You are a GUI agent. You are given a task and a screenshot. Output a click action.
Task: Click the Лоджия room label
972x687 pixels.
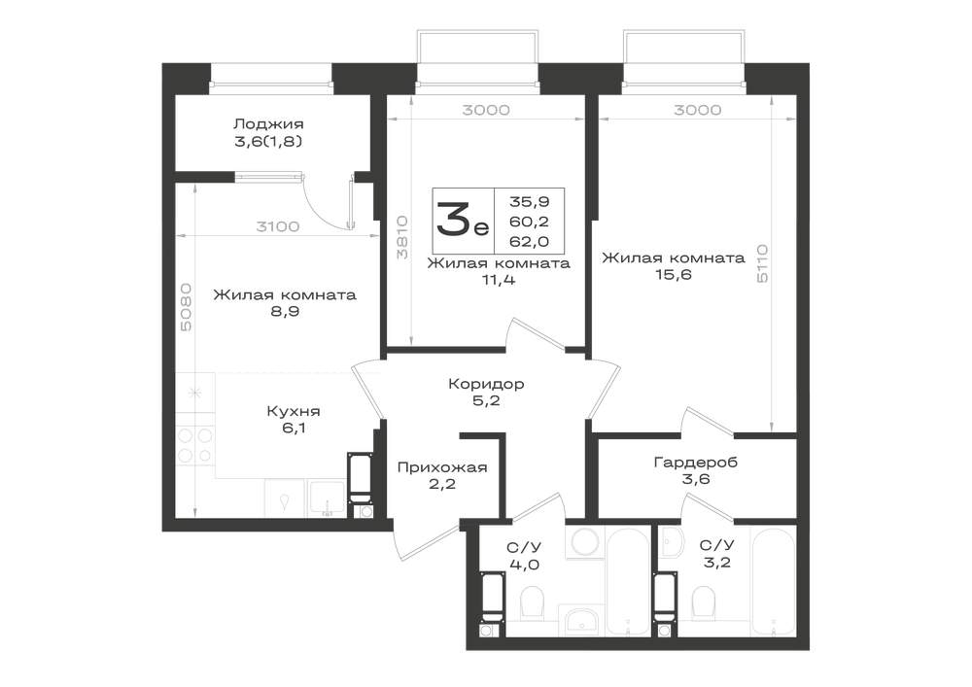point(268,124)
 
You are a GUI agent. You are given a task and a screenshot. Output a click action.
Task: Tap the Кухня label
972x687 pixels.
point(294,411)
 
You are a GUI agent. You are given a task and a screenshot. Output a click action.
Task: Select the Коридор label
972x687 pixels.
point(486,384)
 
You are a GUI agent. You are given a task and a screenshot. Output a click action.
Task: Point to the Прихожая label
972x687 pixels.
point(442,467)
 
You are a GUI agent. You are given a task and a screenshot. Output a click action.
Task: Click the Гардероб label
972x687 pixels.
point(696,463)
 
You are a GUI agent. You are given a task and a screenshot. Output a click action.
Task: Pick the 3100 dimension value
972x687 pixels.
point(278,226)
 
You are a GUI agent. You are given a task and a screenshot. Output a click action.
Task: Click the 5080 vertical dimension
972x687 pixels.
point(187,307)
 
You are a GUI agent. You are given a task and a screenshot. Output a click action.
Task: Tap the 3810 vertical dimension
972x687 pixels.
point(402,237)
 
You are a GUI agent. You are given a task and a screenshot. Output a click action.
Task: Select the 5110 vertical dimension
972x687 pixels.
point(762,264)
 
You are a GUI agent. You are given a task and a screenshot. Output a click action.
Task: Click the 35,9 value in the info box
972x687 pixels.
point(530,201)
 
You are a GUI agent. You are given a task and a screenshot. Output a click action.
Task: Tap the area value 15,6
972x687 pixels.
point(674,274)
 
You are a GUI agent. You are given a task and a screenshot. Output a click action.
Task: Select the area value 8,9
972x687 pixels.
point(285,312)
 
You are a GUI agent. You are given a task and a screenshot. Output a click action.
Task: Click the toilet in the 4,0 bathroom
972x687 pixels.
point(532,601)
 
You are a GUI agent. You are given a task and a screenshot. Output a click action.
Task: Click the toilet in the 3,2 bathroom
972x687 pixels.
point(703,601)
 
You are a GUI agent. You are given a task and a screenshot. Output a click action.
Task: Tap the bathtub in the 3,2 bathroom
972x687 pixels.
point(773,580)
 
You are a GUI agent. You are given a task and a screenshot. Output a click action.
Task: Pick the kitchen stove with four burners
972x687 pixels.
point(195,445)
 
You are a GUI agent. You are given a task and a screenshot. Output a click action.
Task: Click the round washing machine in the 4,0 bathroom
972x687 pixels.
point(583,542)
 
